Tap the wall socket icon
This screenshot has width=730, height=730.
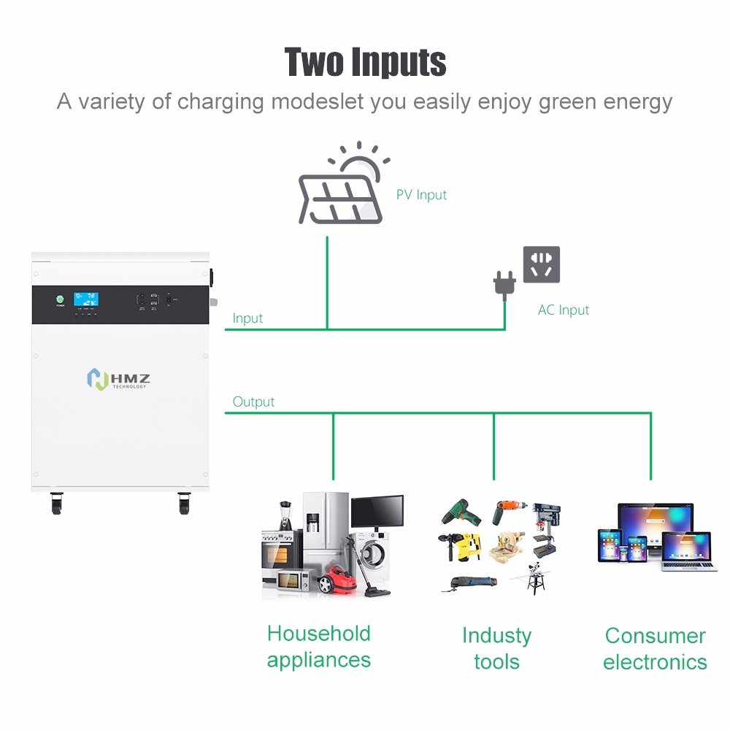point(542,264)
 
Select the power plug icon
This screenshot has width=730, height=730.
point(504,283)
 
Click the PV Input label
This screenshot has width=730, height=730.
point(421,195)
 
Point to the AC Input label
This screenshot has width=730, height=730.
point(563,310)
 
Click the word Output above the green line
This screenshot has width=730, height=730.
point(253,401)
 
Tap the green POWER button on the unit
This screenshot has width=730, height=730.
point(61,299)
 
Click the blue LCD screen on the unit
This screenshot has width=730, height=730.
point(88,299)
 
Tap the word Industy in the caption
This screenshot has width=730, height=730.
point(496,635)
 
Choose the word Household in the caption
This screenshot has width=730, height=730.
point(318,633)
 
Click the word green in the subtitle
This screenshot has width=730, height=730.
point(569,101)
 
